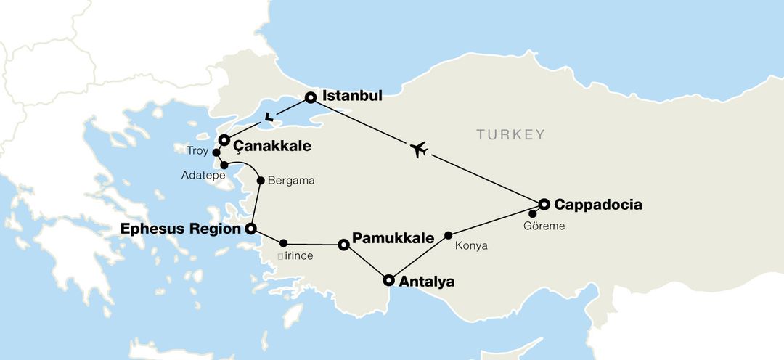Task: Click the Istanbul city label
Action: pyautogui.click(x=351, y=96)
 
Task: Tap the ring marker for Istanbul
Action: pyautogui.click(x=311, y=97)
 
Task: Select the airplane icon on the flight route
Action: pyautogui.click(x=418, y=150)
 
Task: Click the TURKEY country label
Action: pyautogui.click(x=510, y=134)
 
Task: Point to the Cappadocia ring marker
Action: pyautogui.click(x=544, y=205)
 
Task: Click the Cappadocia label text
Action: pyautogui.click(x=597, y=205)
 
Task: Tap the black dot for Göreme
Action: pyautogui.click(x=533, y=213)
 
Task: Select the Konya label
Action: pyautogui.click(x=470, y=246)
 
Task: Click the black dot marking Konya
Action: pyautogui.click(x=449, y=234)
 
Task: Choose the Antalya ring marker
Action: pyautogui.click(x=388, y=280)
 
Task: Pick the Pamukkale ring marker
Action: pyautogui.click(x=344, y=245)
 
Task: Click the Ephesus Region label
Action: pyautogui.click(x=180, y=229)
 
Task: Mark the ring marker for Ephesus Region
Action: pyautogui.click(x=250, y=229)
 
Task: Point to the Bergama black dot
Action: pyautogui.click(x=261, y=180)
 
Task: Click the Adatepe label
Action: pyautogui.click(x=203, y=176)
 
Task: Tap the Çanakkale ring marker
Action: pyautogui.click(x=224, y=140)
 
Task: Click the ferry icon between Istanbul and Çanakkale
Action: pyautogui.click(x=270, y=115)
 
